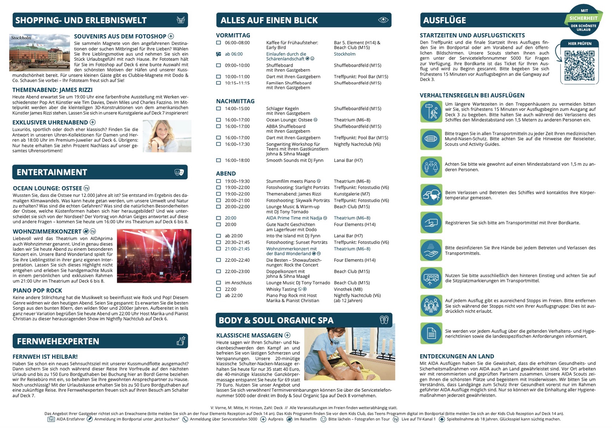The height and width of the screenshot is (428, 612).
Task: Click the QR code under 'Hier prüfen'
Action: [579, 66]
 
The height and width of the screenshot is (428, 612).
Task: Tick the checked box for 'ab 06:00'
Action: [218, 54]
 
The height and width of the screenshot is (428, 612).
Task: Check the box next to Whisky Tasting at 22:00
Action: [218, 289]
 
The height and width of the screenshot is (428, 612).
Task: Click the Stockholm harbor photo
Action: [40, 52]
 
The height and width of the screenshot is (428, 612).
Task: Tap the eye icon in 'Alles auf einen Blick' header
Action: [383, 20]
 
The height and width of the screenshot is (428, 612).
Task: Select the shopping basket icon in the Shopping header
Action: [181, 20]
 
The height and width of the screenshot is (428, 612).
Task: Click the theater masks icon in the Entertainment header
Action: [179, 172]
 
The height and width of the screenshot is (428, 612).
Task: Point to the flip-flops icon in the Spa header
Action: [384, 320]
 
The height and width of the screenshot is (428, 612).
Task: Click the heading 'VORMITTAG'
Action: [233, 35]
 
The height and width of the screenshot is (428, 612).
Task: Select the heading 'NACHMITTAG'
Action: [235, 101]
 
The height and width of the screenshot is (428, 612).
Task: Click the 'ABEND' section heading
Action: [226, 174]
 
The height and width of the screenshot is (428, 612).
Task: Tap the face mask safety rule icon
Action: [431, 139]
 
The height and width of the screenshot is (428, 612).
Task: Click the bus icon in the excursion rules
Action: [431, 278]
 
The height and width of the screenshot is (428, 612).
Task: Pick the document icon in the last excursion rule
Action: [431, 333]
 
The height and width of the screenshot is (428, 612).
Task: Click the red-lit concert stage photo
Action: [154, 256]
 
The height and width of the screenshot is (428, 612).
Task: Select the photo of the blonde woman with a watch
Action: [167, 136]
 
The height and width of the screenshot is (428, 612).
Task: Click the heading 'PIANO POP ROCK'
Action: [37, 291]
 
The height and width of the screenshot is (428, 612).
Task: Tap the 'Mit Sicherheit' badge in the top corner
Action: [583, 20]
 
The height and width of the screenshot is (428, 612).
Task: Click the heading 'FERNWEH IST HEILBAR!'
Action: [45, 357]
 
